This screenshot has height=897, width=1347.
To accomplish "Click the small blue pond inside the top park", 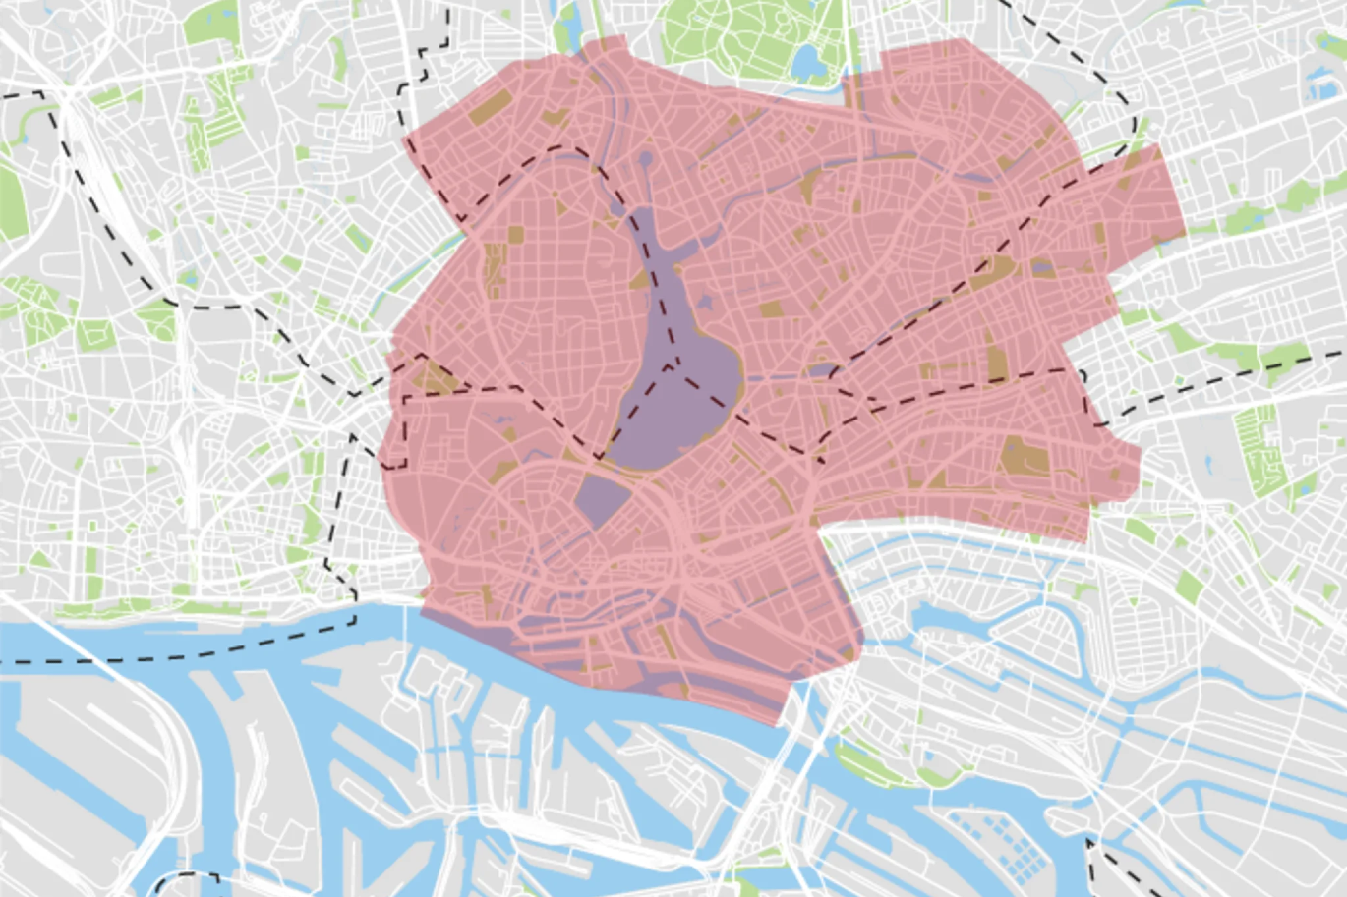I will point(808,63).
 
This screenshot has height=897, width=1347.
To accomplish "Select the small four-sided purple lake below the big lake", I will point(601,495).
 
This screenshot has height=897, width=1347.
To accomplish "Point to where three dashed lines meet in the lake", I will point(673,366).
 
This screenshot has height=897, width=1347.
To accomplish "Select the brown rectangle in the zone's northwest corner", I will point(489,106).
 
